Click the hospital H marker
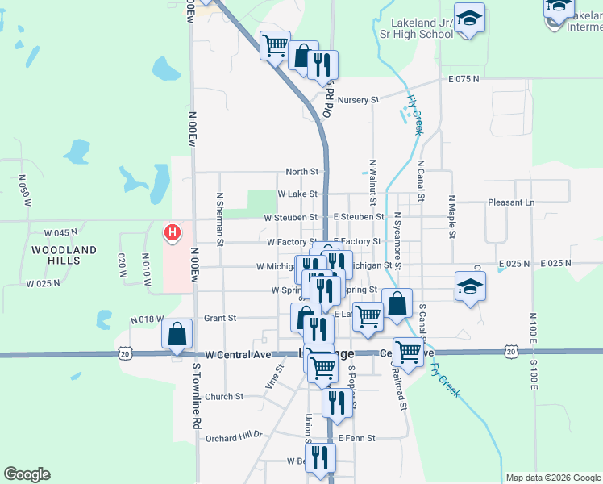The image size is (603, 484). pyautogui.click(x=172, y=234)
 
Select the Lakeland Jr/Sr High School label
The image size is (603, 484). pyautogui.click(x=411, y=28)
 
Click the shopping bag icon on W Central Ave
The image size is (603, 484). pyautogui.click(x=177, y=336)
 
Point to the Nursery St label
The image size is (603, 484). pyautogui.click(x=358, y=100)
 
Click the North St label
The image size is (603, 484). pyautogui.click(x=302, y=172)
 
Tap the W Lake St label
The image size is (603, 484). pyautogui.click(x=297, y=194)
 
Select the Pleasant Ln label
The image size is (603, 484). pyautogui.click(x=511, y=202)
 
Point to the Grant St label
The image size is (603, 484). pyautogui.click(x=219, y=318)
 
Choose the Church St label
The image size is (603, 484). pyautogui.click(x=224, y=396)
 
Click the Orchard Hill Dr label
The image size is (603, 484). pyautogui.click(x=234, y=436)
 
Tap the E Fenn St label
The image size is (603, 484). pyautogui.click(x=356, y=438)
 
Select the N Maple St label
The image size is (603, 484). pyautogui.click(x=452, y=216)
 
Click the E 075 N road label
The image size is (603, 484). pyautogui.click(x=464, y=79)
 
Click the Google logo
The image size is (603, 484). pyautogui.click(x=27, y=474)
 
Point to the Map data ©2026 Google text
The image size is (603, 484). pyautogui.click(x=552, y=478)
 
